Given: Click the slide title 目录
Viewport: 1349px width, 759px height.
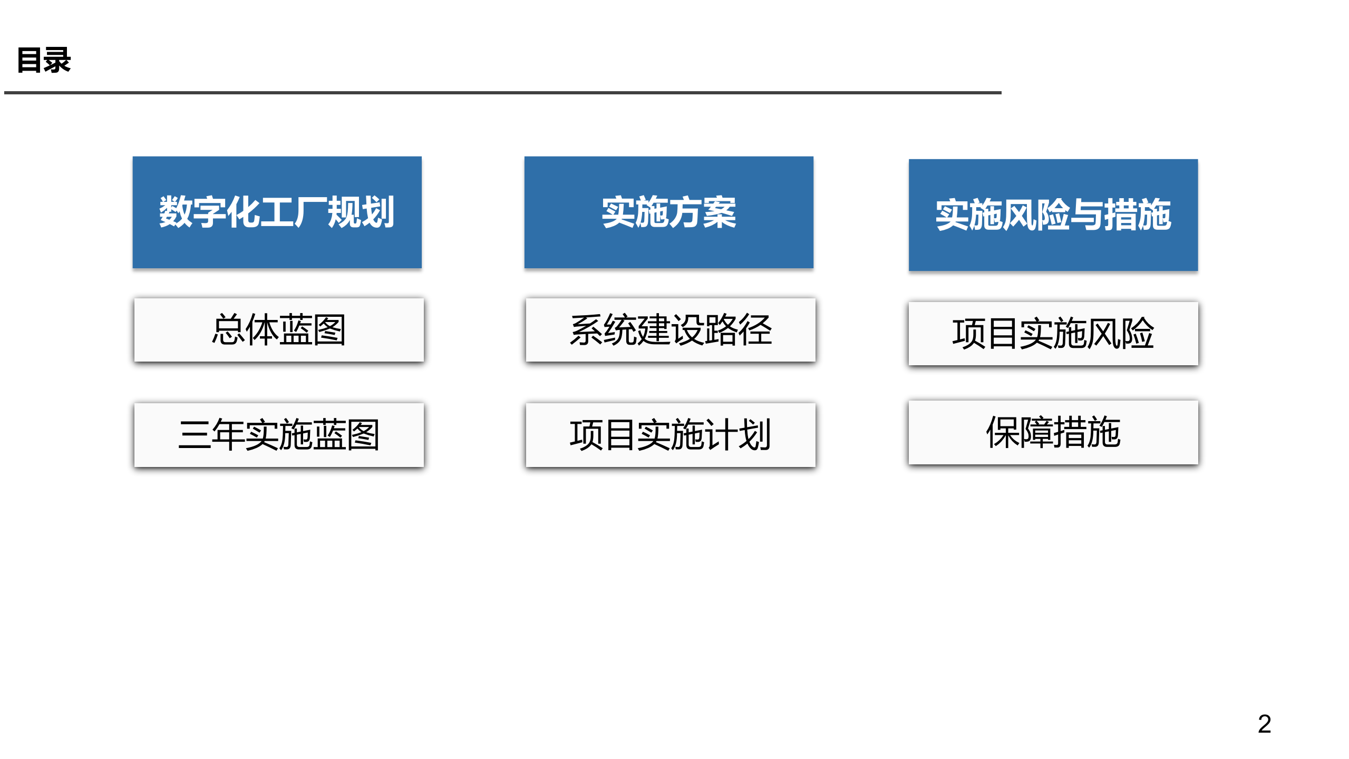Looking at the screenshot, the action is coord(44,60).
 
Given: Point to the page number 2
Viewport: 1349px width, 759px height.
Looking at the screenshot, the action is coord(1264,724).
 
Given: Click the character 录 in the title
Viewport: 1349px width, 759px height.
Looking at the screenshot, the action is coord(57,60).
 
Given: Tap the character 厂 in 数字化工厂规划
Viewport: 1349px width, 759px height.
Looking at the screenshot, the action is coord(310,212).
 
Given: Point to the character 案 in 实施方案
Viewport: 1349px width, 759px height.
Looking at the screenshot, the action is coord(720,212).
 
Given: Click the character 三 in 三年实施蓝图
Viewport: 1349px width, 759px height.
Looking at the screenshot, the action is coord(195,435).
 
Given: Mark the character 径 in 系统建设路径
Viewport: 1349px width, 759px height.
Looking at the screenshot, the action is coord(755,330).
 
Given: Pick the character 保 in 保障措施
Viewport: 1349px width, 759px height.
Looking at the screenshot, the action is coord(1003,432).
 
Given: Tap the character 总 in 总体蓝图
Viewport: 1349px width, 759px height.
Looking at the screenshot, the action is coord(228,330).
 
